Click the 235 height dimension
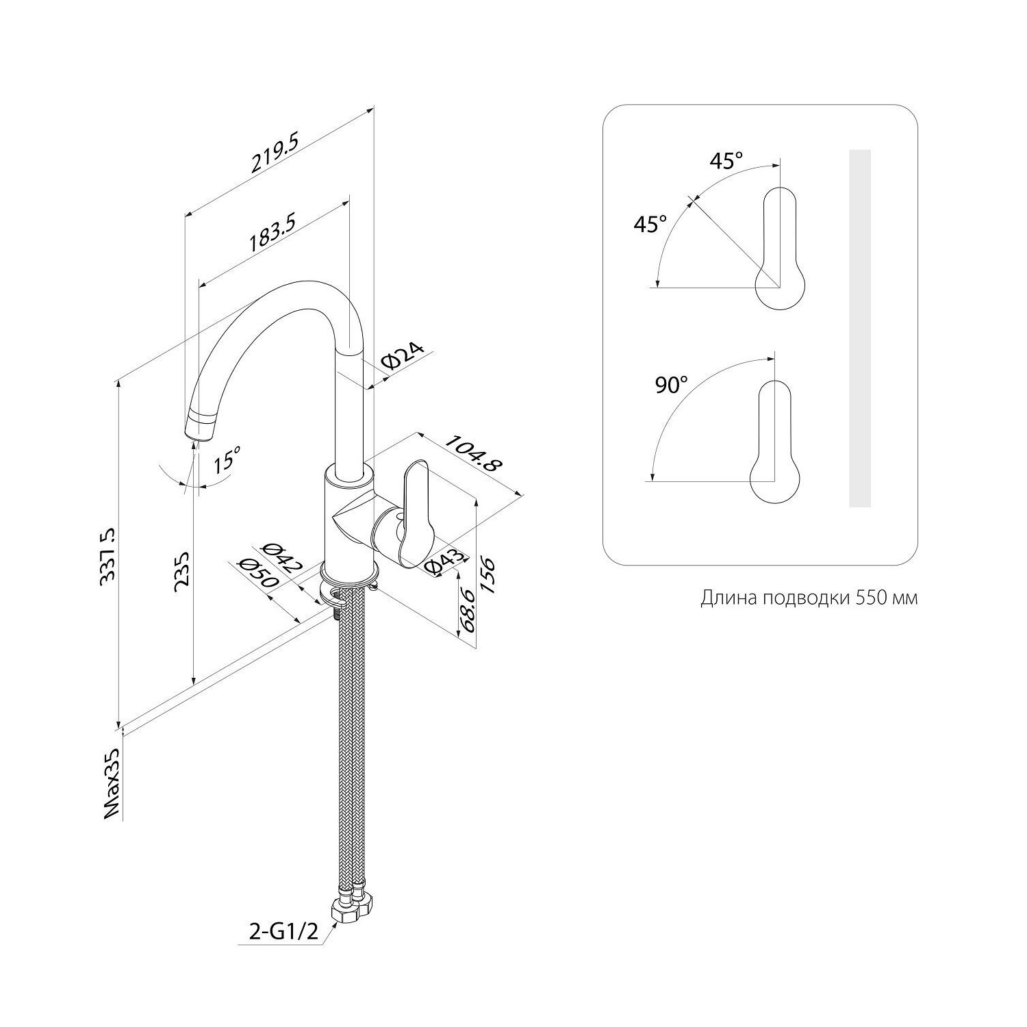(x=181, y=566)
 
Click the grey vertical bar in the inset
(x=860, y=329)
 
